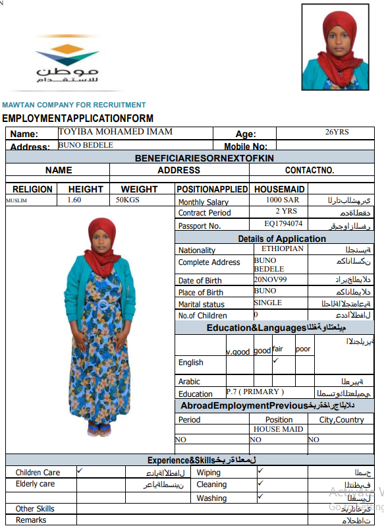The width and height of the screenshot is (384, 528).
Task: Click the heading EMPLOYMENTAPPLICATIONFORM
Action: point(78,119)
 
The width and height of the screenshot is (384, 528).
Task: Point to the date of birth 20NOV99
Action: point(271,279)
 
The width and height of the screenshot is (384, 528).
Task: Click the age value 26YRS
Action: point(337,132)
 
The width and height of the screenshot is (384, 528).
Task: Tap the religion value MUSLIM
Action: point(16,200)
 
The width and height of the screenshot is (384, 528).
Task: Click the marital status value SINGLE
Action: point(267,303)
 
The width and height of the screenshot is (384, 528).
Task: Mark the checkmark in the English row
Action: point(275,361)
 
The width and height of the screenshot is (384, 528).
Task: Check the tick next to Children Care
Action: point(80,471)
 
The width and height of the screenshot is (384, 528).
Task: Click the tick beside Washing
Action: point(260,496)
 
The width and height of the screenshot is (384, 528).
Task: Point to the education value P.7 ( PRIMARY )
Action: point(255,392)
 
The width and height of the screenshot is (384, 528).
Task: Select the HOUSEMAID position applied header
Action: point(279,189)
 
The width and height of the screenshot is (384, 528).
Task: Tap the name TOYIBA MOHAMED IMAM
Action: point(115,132)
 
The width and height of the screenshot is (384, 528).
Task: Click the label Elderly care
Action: point(36,484)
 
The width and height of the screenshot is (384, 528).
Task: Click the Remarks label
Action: point(31,520)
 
